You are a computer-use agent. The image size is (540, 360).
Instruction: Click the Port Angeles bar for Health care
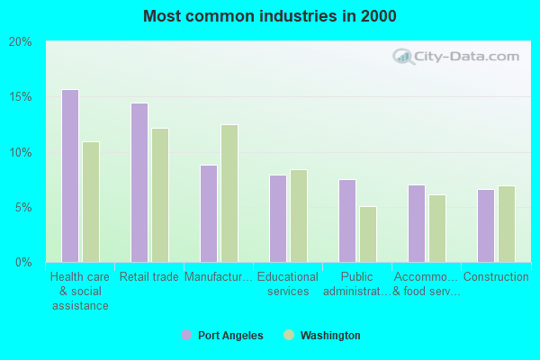pos(70,175)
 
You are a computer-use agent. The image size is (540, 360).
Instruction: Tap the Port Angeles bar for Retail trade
pos(139,183)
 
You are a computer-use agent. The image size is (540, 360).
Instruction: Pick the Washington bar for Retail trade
pos(160,195)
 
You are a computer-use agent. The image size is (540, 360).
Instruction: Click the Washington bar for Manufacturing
pos(229,193)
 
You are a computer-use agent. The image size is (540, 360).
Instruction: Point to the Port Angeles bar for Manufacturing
pos(209,213)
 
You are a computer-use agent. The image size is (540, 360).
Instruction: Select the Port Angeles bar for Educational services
pos(278,219)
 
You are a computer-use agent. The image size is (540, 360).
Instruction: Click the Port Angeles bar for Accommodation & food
pos(417,223)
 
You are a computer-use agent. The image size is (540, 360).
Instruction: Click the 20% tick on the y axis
pos(21,41)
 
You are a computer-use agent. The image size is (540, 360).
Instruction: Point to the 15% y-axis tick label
pos(21,97)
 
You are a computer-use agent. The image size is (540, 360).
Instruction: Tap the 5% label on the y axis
pos(23,207)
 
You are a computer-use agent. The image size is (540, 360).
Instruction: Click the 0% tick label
pos(23,262)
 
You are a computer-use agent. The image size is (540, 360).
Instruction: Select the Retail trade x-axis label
pos(149,277)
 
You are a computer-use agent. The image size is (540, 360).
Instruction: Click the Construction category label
pos(496,277)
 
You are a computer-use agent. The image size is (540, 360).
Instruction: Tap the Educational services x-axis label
pos(288,284)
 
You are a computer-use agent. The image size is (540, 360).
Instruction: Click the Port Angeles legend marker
pos(186,335)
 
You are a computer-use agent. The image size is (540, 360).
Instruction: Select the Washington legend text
pos(330,336)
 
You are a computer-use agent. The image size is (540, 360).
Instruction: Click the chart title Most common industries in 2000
pos(269,16)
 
